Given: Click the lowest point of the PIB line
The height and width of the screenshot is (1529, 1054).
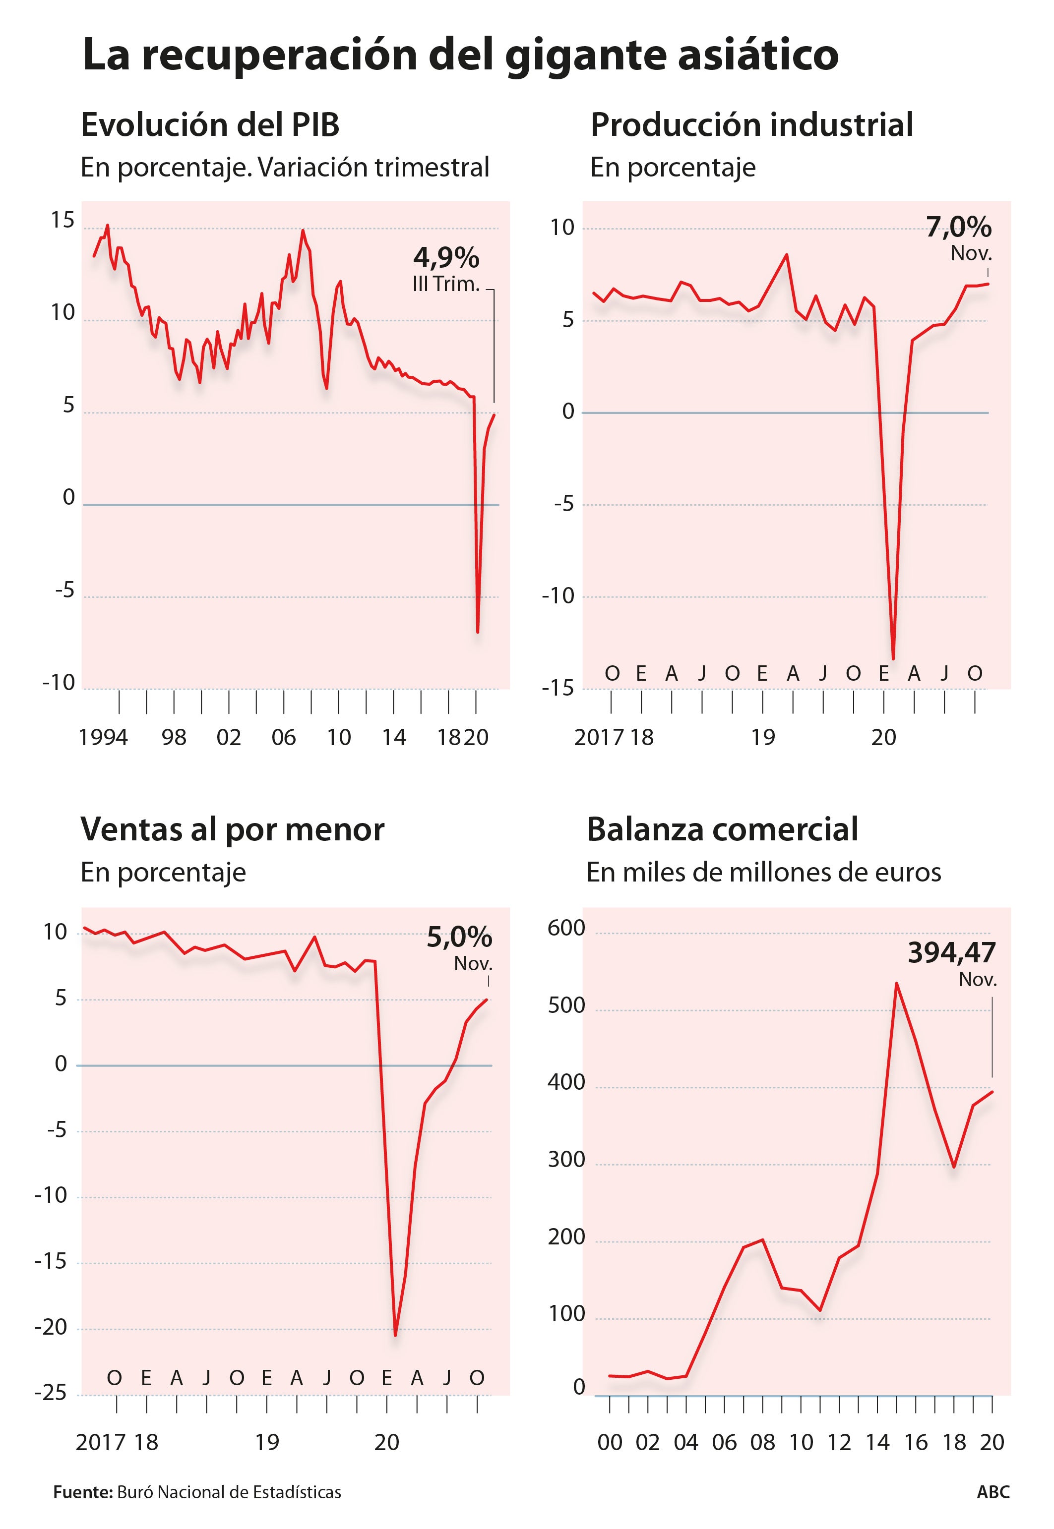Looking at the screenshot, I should (478, 632).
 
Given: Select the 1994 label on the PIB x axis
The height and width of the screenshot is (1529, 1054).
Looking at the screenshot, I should (103, 737).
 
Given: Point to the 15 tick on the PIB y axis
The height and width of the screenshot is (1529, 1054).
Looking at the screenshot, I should (63, 221).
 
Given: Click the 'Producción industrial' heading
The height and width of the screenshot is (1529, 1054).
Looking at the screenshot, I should (751, 125).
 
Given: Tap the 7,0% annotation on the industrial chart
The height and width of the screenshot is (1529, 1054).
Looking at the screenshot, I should (958, 228).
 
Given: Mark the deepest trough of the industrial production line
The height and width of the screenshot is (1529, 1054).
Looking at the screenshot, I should (893, 658).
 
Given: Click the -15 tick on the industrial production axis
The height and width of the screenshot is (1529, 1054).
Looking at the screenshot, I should (558, 689).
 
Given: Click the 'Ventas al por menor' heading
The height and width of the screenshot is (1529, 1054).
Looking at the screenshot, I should (233, 830).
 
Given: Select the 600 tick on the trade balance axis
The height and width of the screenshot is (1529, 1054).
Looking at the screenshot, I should (566, 928).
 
